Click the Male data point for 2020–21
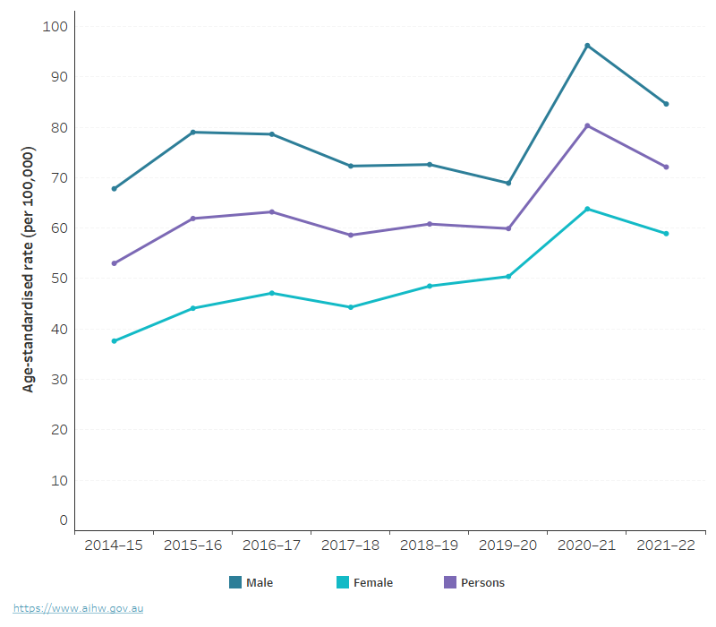point(587,46)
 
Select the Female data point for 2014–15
point(114,341)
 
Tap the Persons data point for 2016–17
point(271,212)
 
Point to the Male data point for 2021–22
point(666,104)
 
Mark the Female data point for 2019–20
point(508,277)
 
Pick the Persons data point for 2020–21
point(587,125)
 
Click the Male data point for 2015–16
point(192,133)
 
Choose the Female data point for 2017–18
point(351,307)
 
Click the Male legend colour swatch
point(235,582)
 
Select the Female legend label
point(373,583)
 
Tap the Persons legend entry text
point(482,583)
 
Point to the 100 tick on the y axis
point(55,27)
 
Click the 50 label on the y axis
point(59,279)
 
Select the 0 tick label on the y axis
point(64,520)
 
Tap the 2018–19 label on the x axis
point(430,545)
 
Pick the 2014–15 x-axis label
point(114,545)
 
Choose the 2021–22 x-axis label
point(666,545)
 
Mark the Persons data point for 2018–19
point(430,224)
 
